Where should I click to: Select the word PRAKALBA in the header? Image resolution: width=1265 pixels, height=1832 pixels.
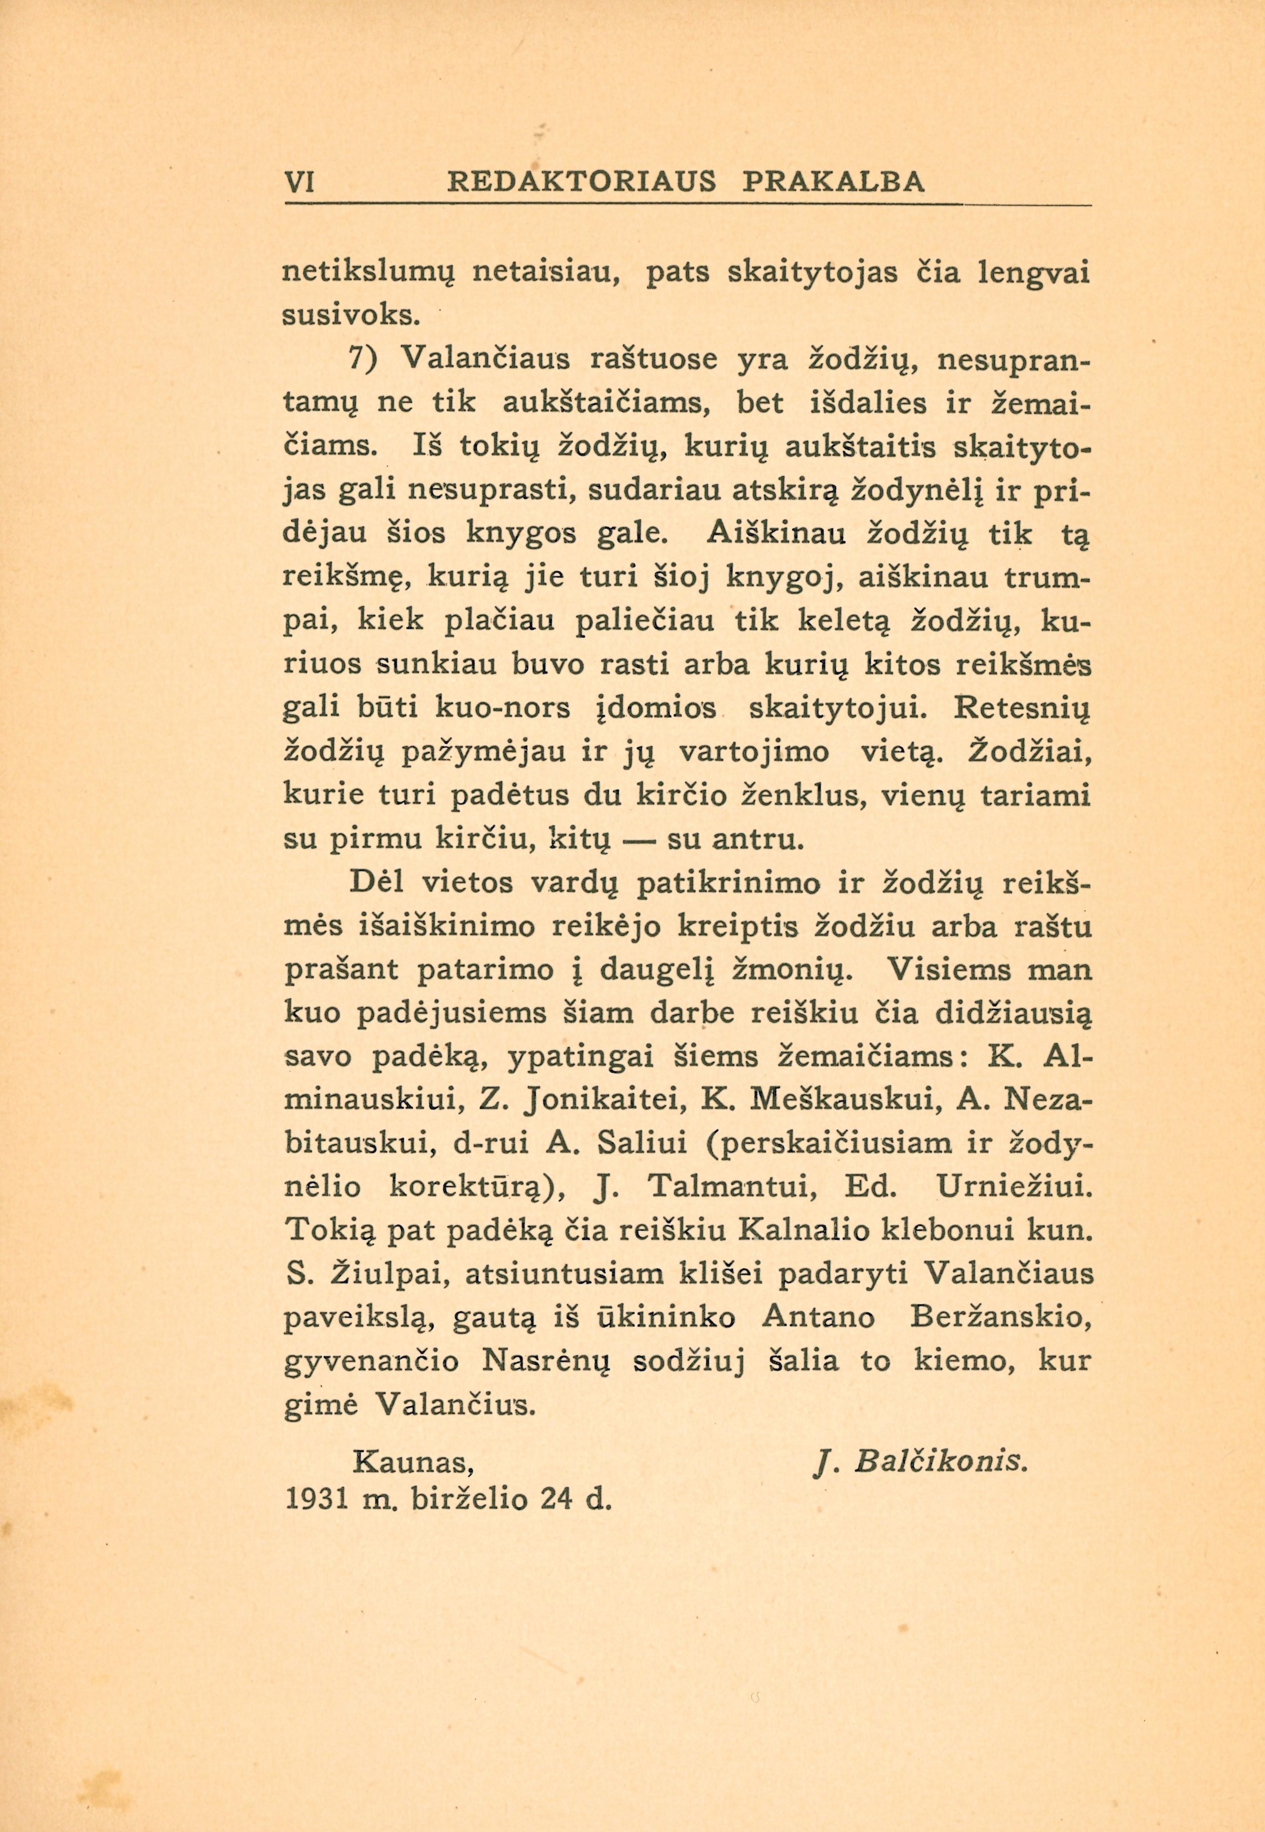click(x=834, y=182)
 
